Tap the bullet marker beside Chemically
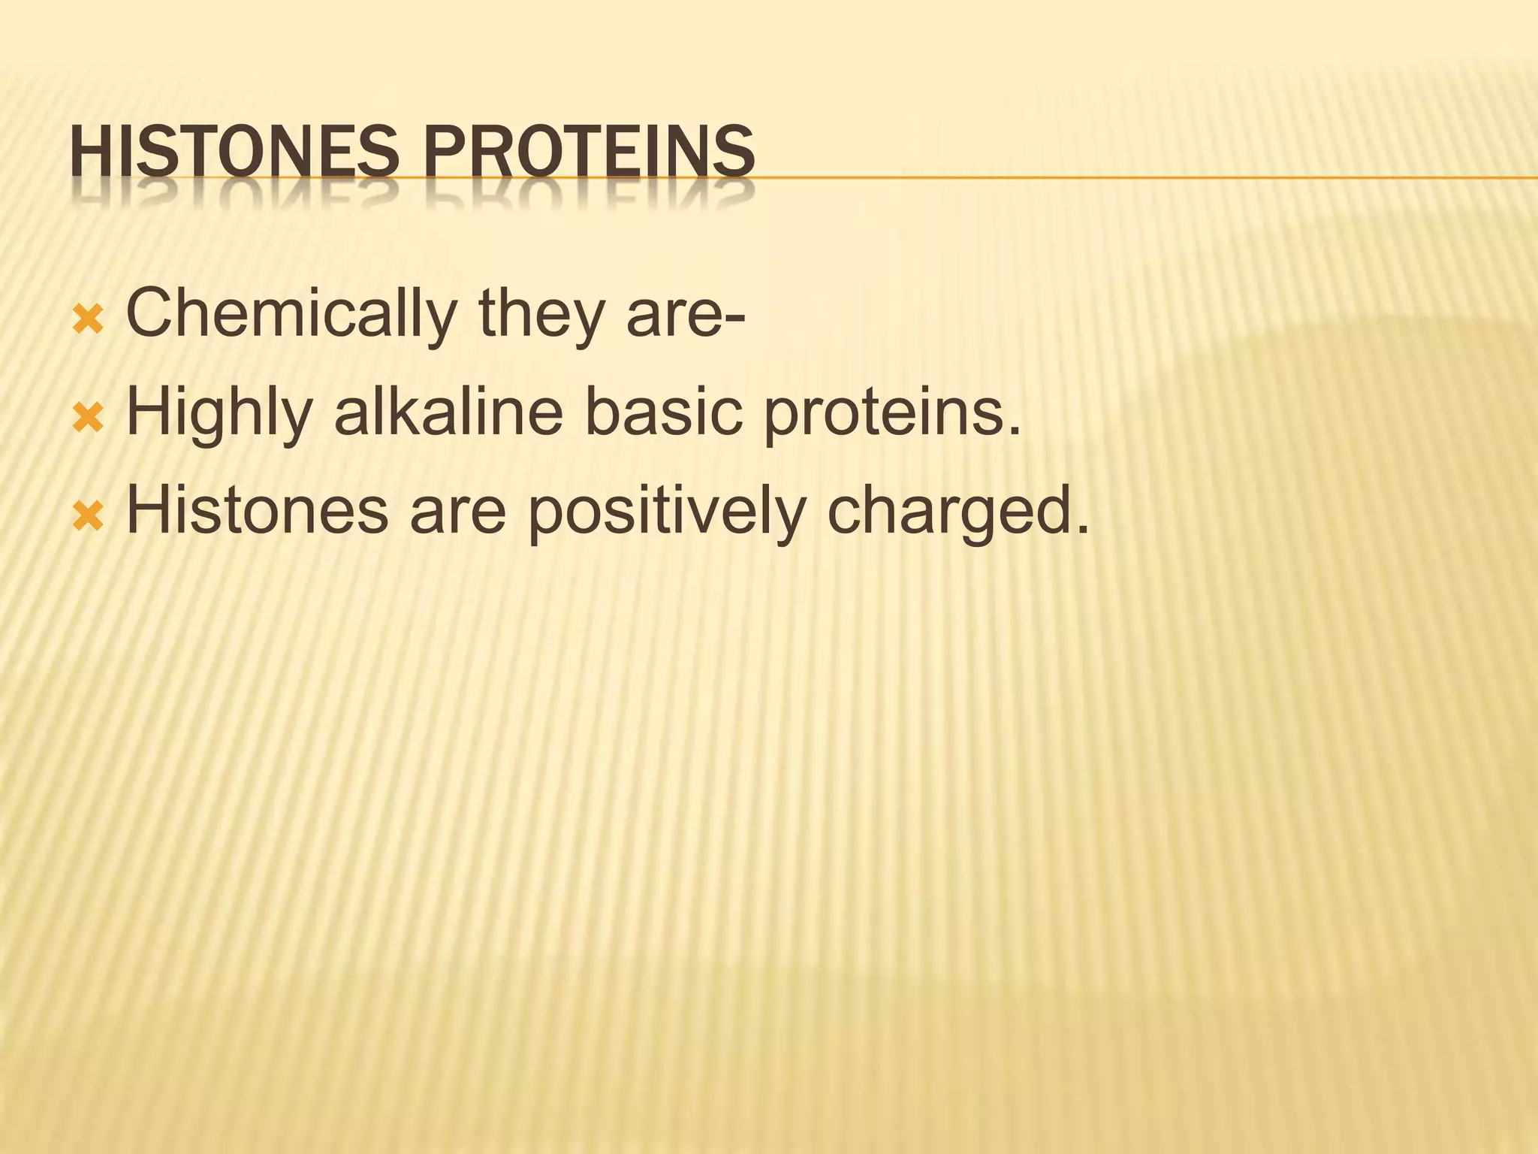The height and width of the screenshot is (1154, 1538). pyautogui.click(x=87, y=322)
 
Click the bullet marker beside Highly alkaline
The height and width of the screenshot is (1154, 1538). pyautogui.click(x=87, y=420)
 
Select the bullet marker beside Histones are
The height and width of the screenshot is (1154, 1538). pyautogui.click(x=87, y=518)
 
